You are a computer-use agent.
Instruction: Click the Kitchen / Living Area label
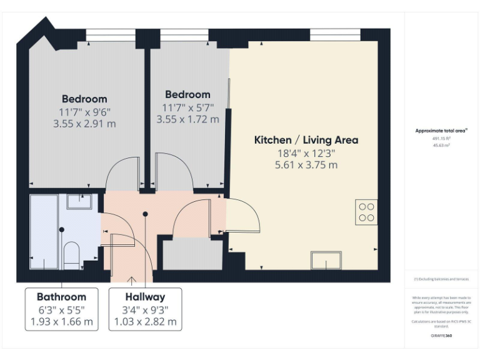(x=306, y=140)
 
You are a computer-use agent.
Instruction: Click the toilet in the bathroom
(x=72, y=256)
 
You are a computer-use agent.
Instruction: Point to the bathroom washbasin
(x=79, y=201)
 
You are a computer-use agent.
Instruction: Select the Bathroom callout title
(x=61, y=297)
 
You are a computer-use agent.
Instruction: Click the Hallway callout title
(x=145, y=297)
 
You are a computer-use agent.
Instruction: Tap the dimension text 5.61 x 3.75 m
(x=306, y=165)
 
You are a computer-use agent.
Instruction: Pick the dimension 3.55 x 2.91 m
(x=84, y=124)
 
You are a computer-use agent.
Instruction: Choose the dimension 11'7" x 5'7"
(x=188, y=107)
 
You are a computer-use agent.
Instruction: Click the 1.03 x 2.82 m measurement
(x=145, y=322)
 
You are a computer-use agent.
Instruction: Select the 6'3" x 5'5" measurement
(x=61, y=309)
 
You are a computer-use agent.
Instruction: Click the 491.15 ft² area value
(x=441, y=139)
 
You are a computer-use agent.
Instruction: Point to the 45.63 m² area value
(x=441, y=145)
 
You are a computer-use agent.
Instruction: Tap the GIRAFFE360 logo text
(x=441, y=336)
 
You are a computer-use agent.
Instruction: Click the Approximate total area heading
(x=441, y=131)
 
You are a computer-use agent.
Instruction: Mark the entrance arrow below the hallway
(x=132, y=279)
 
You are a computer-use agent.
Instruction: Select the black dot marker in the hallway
(x=146, y=214)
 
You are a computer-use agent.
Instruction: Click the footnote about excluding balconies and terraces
(x=441, y=279)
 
